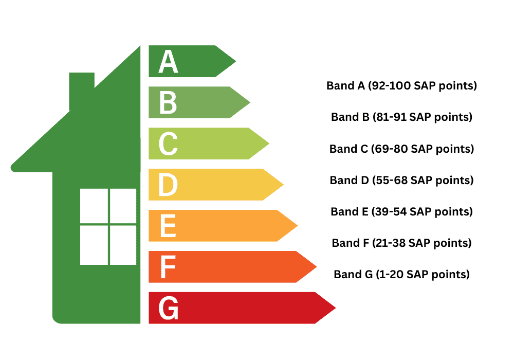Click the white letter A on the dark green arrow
coord(168,62)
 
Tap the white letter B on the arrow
coord(168,103)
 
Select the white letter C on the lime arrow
coord(168,144)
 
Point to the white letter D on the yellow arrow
coord(168,185)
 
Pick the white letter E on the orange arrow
coord(168,226)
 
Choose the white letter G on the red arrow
coord(169,309)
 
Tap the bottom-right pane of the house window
coord(123,245)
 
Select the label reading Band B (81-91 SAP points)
coord(401,117)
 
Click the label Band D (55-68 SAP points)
coord(401,181)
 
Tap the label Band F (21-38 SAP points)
coord(401,243)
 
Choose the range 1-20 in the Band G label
coord(390,274)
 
